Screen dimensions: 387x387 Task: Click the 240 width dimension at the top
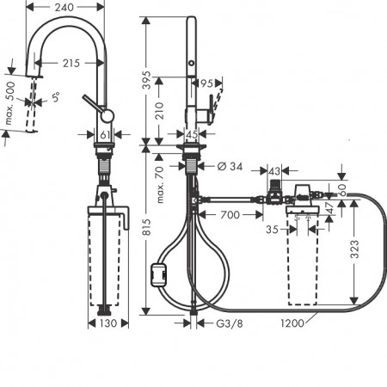pos(64,7)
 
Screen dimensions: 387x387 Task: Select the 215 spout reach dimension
pos(71,63)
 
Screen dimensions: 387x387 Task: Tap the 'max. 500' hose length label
pos(9,103)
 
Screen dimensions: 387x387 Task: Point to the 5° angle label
pos(56,97)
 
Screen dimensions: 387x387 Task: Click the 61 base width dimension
pos(104,134)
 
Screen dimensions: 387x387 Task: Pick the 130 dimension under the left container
pos(108,323)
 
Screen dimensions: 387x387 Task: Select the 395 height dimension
pos(146,80)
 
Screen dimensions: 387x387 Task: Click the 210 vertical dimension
pos(159,111)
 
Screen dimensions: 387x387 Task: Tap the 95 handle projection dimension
pos(206,83)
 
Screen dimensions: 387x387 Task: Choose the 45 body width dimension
pos(192,134)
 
